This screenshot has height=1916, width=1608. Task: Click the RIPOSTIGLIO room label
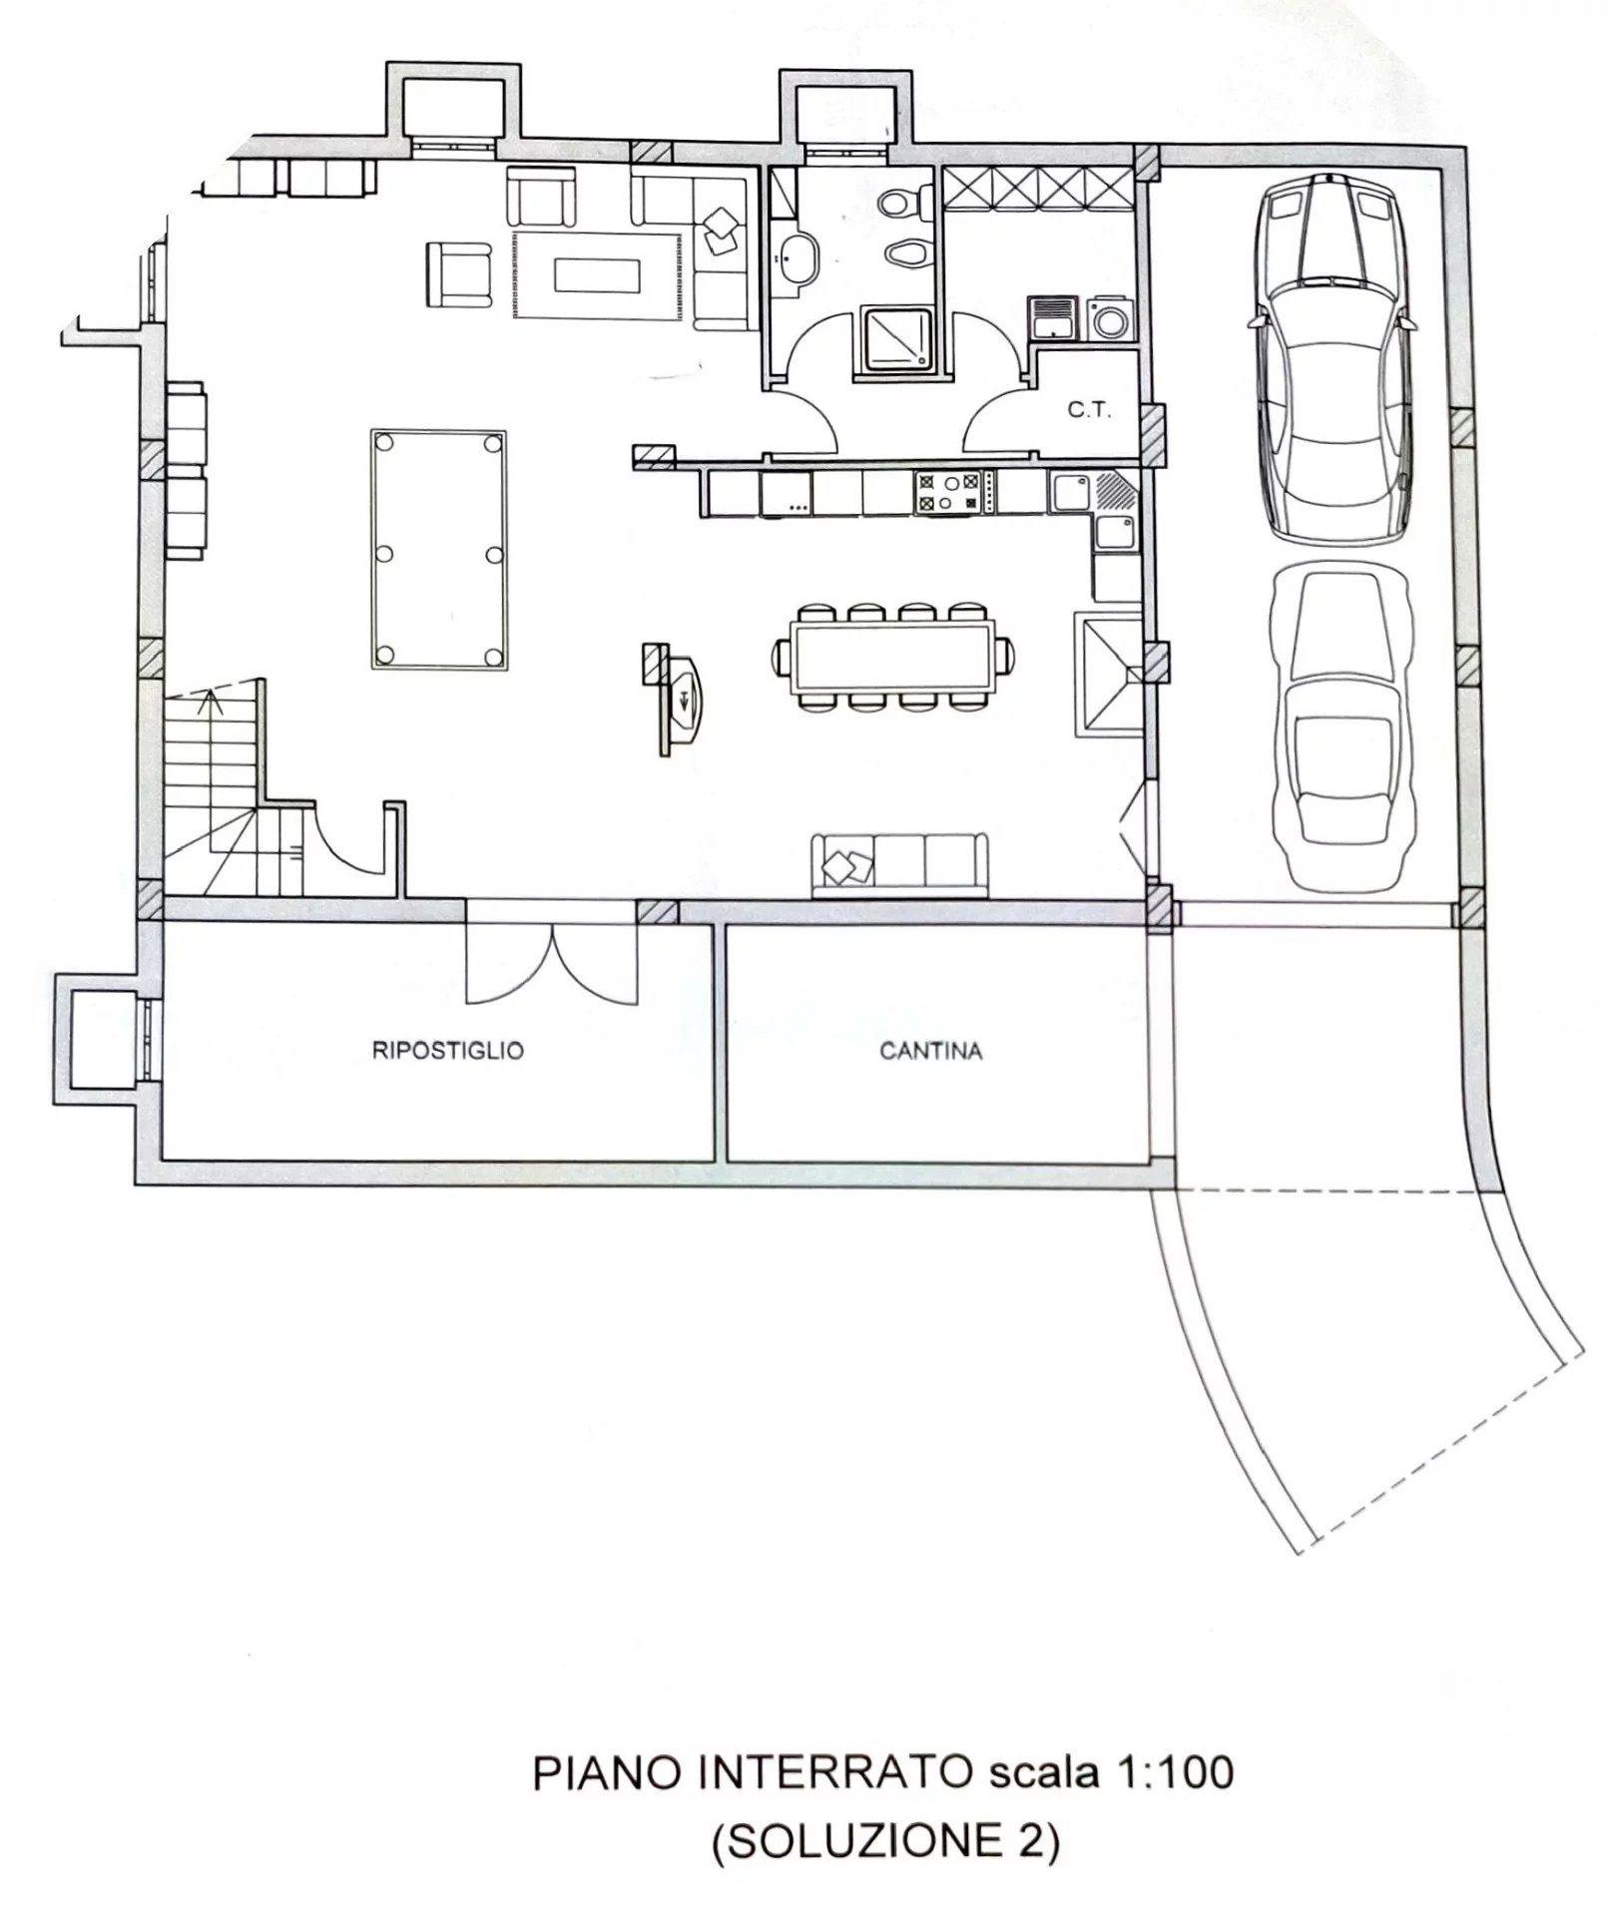447,1051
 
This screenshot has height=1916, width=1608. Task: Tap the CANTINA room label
930,1051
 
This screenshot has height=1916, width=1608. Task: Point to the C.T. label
1089,410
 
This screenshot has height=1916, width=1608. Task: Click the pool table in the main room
438,550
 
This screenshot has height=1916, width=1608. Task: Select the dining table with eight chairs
892,657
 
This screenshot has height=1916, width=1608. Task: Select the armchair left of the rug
459,274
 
